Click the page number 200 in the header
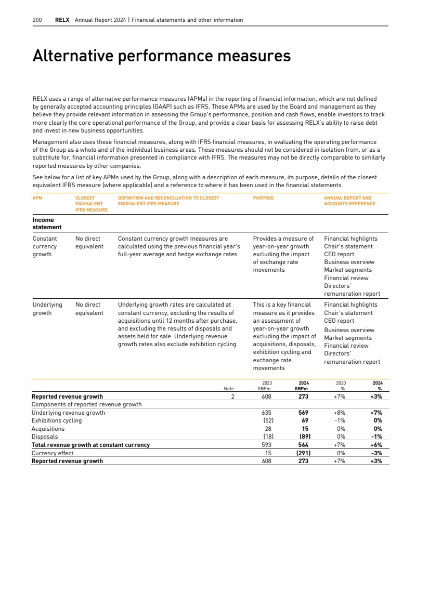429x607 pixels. [37, 20]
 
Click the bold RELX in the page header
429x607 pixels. [62, 20]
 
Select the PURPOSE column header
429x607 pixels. [263, 198]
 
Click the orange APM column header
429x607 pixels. [37, 198]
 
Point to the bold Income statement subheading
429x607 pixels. [47, 223]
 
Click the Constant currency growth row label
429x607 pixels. [45, 246]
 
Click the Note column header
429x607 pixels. [228, 388]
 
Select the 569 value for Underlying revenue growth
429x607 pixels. [304, 413]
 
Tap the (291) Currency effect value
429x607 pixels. [303, 453]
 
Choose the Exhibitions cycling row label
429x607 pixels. [57, 420]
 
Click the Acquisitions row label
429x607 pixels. [48, 429]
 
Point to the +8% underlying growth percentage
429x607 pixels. [340, 413]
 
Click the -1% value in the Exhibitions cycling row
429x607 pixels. [341, 420]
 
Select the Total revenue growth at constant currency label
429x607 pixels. [90, 445]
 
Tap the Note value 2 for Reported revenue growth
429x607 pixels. [233, 397]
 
